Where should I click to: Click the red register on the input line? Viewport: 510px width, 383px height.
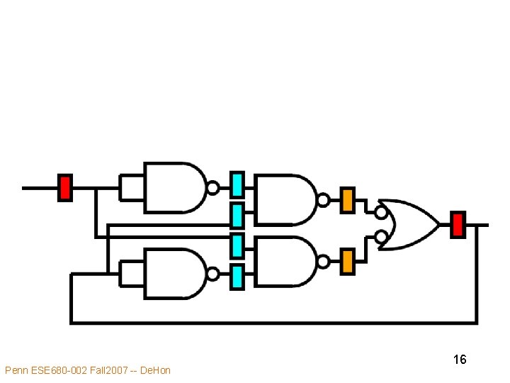pyautogui.click(x=64, y=187)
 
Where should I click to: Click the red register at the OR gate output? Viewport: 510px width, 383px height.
pyautogui.click(x=458, y=224)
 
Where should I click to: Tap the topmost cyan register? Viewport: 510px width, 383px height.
pyautogui.click(x=237, y=184)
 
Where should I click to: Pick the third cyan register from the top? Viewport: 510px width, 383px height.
pyautogui.click(x=237, y=245)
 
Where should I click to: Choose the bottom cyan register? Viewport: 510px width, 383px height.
pyautogui.click(x=237, y=277)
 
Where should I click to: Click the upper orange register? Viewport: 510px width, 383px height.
pyautogui.click(x=347, y=200)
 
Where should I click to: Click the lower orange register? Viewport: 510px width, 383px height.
pyautogui.click(x=347, y=261)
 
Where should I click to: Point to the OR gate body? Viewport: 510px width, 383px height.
pyautogui.click(x=411, y=224)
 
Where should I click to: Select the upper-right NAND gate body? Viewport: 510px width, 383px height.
pyautogui.click(x=283, y=200)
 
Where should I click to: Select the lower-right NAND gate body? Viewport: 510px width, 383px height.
pyautogui.click(x=283, y=261)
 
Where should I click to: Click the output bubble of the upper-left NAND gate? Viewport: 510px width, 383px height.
pyautogui.click(x=212, y=188)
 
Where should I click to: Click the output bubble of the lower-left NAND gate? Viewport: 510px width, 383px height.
pyautogui.click(x=212, y=274)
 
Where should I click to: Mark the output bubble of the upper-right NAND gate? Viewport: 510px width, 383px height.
pyautogui.click(x=323, y=200)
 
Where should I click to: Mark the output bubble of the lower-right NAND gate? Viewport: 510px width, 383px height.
pyautogui.click(x=323, y=262)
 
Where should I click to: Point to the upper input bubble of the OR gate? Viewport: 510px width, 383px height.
pyautogui.click(x=381, y=211)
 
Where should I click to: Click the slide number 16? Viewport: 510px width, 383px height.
pyautogui.click(x=460, y=360)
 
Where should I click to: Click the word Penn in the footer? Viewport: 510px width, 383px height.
pyautogui.click(x=16, y=370)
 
